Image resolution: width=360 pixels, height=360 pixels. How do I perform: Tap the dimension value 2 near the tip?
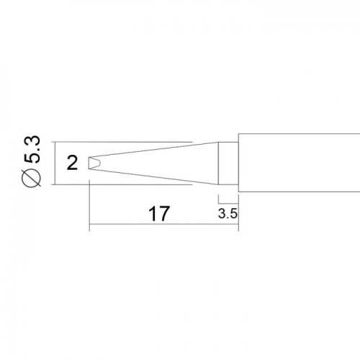click(72, 163)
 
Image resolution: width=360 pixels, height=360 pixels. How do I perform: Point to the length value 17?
click(159, 214)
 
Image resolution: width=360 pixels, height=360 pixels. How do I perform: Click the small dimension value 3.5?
click(228, 213)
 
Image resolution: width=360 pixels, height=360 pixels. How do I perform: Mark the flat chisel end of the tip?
click(89, 163)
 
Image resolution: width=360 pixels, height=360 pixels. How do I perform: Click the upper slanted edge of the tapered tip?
click(153, 150)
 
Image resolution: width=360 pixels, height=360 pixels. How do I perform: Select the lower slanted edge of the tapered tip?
click(153, 176)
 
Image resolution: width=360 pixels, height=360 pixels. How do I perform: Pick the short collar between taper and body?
click(228, 163)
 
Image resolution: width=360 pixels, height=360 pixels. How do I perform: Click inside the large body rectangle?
click(299, 163)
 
